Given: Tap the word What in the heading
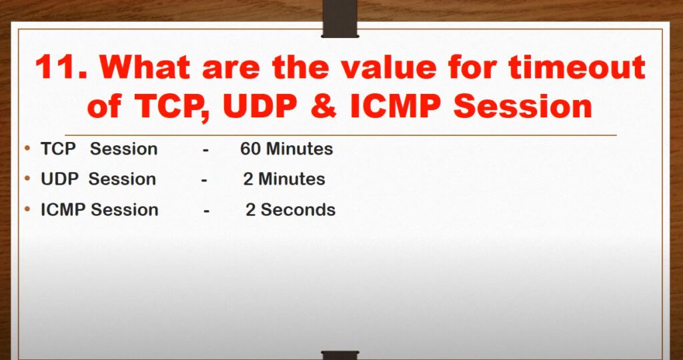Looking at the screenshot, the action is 145,67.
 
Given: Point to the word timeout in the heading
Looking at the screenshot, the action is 577,67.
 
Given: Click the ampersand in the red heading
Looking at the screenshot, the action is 324,106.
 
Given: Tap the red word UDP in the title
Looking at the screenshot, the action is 261,106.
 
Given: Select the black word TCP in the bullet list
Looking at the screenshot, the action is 58,149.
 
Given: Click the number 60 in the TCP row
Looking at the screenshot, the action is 251,149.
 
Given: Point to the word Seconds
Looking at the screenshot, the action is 298,210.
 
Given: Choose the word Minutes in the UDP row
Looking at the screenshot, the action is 291,179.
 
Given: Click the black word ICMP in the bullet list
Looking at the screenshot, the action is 63,210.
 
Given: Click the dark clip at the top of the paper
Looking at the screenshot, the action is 340,19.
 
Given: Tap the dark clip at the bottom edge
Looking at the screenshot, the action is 340,355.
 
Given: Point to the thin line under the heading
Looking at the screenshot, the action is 341,135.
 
